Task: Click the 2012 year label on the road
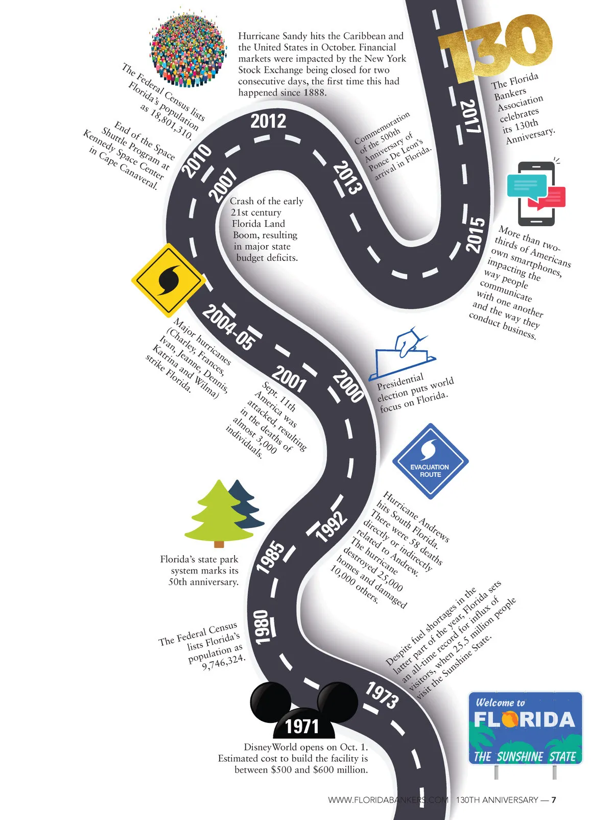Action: (268, 122)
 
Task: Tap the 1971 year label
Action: (301, 726)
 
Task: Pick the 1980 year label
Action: (263, 626)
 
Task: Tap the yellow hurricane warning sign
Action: (168, 280)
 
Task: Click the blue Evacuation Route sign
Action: (430, 461)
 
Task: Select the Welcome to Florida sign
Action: (525, 728)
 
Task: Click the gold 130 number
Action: (496, 49)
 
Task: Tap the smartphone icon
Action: (536, 194)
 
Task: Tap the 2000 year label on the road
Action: (348, 385)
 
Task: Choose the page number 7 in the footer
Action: (554, 800)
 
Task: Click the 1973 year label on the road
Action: (382, 695)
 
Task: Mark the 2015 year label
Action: (475, 235)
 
